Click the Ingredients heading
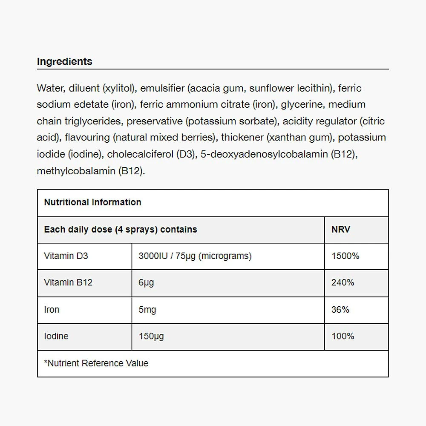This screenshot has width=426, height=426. [x=64, y=61]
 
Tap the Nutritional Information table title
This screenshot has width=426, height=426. [x=92, y=202]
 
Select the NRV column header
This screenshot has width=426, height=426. [x=341, y=229]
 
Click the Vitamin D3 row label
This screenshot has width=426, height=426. [x=66, y=256]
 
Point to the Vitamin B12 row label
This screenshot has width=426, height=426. [x=68, y=282]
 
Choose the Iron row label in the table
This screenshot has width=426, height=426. [x=52, y=309]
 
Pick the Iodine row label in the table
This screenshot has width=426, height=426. [x=56, y=336]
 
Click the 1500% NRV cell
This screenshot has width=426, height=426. [x=345, y=256]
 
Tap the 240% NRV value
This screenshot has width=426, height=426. [x=343, y=282]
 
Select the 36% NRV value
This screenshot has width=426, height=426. [x=340, y=309]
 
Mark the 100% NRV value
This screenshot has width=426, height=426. [x=343, y=336]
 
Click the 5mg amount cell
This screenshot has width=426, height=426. [x=147, y=309]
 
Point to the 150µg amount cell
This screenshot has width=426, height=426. [x=151, y=336]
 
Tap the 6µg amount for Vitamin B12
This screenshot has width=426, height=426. [x=146, y=282]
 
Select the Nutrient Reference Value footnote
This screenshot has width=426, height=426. [x=96, y=363]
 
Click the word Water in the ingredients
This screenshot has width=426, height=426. [x=49, y=88]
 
